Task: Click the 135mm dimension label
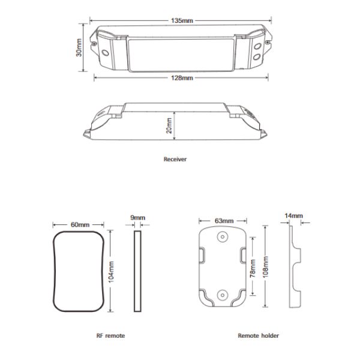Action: (x=182, y=20)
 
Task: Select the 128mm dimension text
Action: (x=182, y=78)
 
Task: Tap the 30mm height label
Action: (x=79, y=47)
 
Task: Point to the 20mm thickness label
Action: (x=169, y=125)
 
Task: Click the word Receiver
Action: (x=175, y=159)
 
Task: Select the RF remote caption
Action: (x=110, y=335)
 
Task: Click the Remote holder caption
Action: (x=258, y=335)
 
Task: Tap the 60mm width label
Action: (x=80, y=224)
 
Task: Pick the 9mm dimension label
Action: (x=138, y=217)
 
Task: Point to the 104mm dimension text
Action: (x=112, y=272)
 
